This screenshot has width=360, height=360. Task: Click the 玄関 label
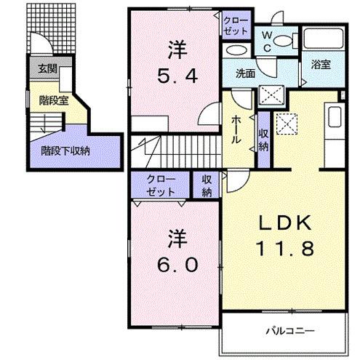click(47, 70)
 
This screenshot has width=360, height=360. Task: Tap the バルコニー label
click(294, 331)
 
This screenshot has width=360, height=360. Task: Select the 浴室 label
click(321, 65)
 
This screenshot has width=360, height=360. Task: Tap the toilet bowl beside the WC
click(284, 39)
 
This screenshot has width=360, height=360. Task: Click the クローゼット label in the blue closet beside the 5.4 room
click(236, 26)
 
